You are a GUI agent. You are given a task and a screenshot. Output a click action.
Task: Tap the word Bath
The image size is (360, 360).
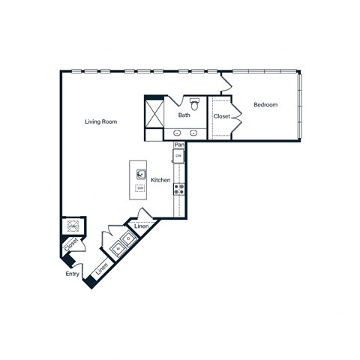184,115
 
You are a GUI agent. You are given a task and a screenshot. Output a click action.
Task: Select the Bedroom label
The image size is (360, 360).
265,105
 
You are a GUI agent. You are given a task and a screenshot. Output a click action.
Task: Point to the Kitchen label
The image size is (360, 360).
160,181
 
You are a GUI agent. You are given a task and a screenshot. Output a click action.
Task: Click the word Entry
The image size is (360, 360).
72,274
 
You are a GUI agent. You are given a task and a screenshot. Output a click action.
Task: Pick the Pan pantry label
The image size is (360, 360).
178,145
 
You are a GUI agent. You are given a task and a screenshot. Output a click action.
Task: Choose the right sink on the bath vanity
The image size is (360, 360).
193,133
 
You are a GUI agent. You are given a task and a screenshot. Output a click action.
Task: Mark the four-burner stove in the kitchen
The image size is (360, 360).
179,188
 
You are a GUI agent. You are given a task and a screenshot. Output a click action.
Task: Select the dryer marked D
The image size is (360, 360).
127,238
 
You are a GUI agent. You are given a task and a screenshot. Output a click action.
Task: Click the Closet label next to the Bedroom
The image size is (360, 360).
222,116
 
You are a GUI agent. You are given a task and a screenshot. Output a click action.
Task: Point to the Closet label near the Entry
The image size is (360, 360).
70,245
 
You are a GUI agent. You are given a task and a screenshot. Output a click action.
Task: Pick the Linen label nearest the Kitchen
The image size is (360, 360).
140,226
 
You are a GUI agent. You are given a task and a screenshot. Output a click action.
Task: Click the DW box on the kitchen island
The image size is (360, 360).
140,187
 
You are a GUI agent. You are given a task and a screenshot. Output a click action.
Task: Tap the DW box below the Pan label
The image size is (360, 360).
178,155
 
